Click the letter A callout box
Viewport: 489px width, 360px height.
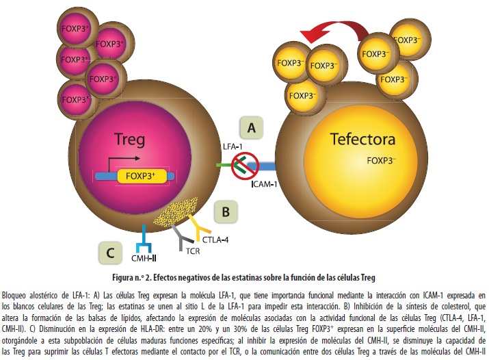tap(251, 127)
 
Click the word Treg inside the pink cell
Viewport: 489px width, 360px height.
tap(129, 141)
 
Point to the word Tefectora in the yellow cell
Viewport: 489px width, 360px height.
tap(362, 140)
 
